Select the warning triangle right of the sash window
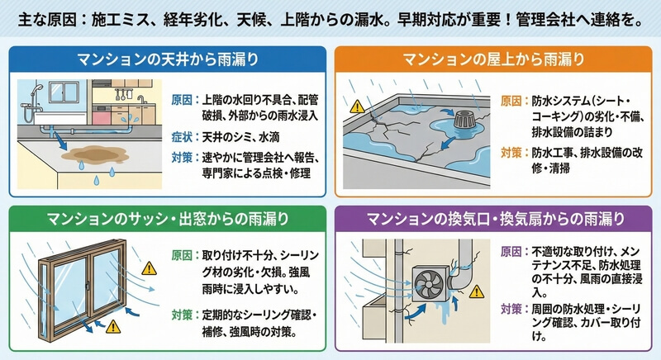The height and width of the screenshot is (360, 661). point(149,268)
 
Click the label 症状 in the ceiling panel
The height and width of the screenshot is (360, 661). point(183,135)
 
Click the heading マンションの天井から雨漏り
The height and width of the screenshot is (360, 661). point(166,59)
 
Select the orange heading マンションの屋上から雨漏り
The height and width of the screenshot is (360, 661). point(494,59)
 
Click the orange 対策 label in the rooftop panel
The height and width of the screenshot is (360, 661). point(511,153)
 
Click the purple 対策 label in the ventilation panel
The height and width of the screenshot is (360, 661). point(511,309)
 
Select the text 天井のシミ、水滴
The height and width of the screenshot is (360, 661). point(240,135)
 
